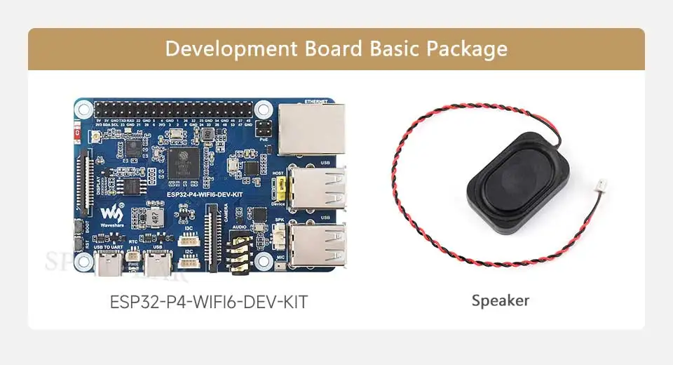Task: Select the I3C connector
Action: (x=188, y=239)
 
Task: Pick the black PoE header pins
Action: (x=264, y=131)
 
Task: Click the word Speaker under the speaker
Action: (x=500, y=301)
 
